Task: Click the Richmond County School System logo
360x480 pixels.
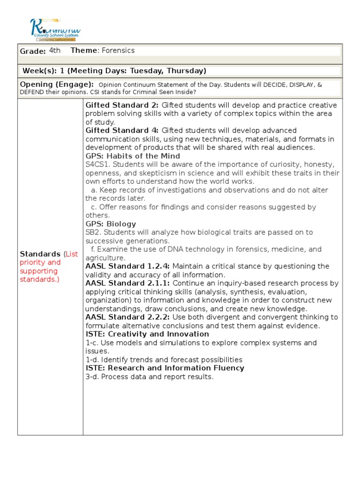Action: [55, 29]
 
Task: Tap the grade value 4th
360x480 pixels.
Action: [55, 51]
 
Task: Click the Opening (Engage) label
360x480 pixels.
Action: [57, 84]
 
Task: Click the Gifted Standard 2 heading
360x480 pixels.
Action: [122, 105]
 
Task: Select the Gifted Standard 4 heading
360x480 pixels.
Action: [122, 130]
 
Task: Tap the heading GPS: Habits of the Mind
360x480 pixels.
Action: [133, 156]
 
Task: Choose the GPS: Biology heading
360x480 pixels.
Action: [111, 224]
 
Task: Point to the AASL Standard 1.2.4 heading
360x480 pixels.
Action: [127, 266]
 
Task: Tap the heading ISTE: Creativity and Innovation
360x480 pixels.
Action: [147, 334]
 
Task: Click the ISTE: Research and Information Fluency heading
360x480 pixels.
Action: [165, 368]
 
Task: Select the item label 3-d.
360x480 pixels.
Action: [92, 376]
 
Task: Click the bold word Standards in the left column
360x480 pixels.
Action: [40, 254]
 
